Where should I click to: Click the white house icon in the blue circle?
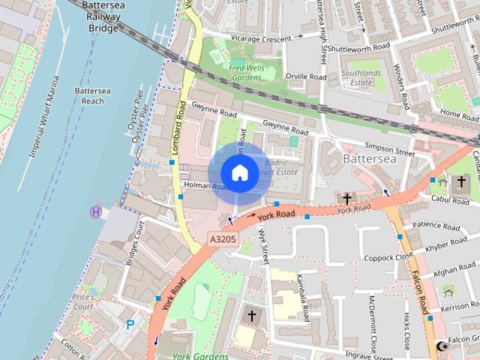(x=239, y=173)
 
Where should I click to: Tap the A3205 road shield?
(x=222, y=239)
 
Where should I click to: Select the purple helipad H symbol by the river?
(x=96, y=212)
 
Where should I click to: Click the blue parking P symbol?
(x=130, y=325)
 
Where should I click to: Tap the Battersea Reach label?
(x=88, y=95)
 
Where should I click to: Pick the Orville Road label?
(x=306, y=76)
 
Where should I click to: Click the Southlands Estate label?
(x=361, y=79)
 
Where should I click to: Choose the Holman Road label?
(x=203, y=186)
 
